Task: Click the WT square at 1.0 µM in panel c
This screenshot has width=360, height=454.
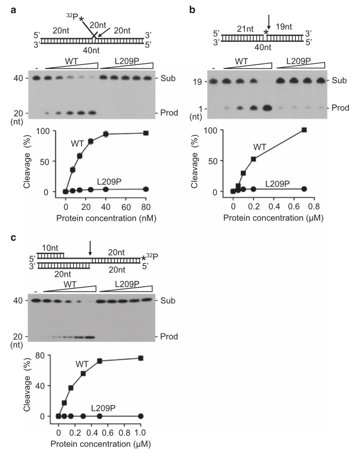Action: click(x=140, y=358)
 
